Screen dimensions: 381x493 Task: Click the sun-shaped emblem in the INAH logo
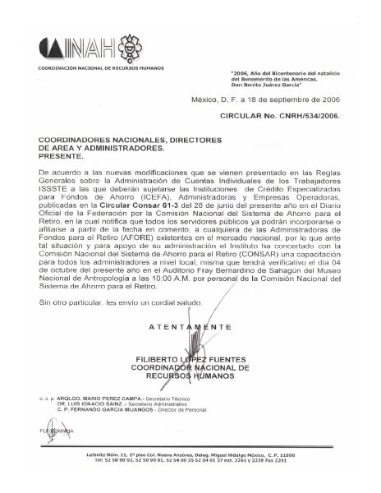coord(133,45)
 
